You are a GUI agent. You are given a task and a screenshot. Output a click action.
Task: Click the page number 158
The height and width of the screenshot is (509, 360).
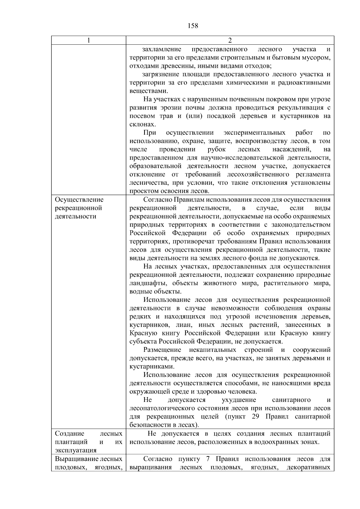point(193,26)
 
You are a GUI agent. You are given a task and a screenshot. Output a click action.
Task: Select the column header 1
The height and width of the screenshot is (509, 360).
point(88,40)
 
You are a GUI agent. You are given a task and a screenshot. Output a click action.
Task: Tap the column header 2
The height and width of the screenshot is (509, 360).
point(230,40)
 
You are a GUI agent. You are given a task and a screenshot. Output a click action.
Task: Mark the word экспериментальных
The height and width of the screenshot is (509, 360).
point(254,133)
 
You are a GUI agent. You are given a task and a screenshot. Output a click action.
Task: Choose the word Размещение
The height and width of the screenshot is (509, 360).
point(162,350)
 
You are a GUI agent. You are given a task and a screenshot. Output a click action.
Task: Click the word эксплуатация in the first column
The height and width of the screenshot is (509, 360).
point(76,450)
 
